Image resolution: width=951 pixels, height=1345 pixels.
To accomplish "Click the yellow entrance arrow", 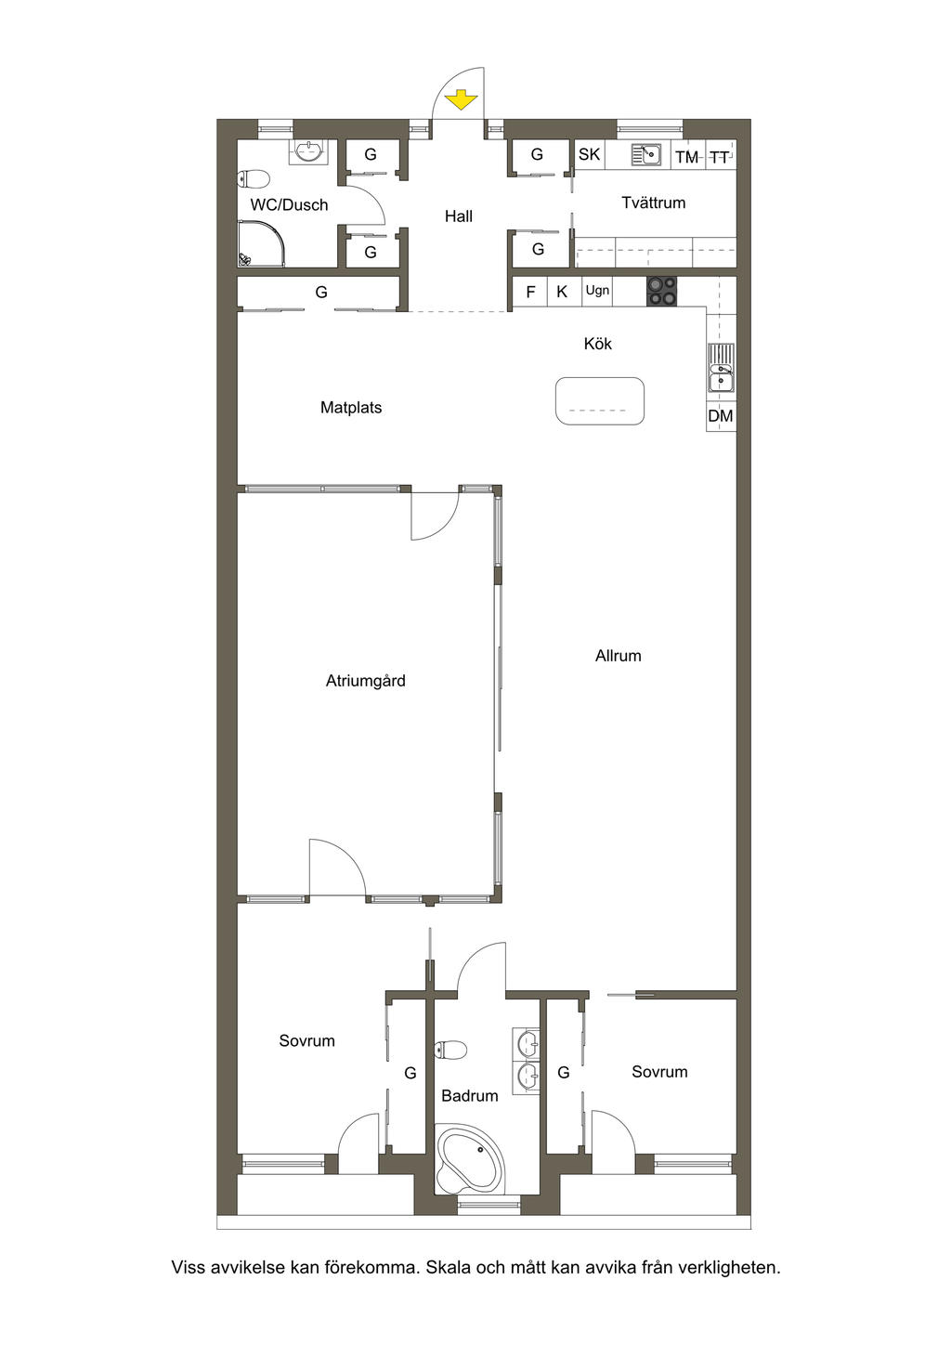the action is click(461, 99).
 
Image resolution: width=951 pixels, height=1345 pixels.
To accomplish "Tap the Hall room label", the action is click(459, 216).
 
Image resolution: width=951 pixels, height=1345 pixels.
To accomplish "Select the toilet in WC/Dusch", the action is click(254, 179).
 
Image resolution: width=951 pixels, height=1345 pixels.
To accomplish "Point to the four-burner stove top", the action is click(661, 292).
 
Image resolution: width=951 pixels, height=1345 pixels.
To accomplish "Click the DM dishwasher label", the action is click(721, 415).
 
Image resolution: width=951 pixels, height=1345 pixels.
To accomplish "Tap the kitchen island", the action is click(600, 401).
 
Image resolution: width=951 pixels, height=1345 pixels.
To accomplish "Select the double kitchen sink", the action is click(721, 368).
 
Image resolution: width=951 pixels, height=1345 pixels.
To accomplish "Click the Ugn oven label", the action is click(597, 291).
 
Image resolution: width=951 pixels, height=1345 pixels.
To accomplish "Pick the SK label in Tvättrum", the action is click(589, 155).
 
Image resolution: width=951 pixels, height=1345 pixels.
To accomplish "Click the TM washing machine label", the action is click(687, 157).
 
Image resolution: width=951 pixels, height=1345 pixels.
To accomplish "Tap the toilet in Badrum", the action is click(450, 1050).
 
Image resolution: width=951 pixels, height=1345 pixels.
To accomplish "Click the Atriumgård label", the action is click(366, 681).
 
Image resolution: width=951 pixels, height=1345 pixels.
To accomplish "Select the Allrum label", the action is click(619, 656).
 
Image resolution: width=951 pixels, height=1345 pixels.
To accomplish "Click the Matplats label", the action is click(351, 408).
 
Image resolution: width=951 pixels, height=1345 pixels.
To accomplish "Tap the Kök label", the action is click(598, 344).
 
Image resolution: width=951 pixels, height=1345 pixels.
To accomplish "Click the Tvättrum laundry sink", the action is click(646, 155).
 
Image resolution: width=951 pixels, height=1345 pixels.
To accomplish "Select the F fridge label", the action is click(530, 293).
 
